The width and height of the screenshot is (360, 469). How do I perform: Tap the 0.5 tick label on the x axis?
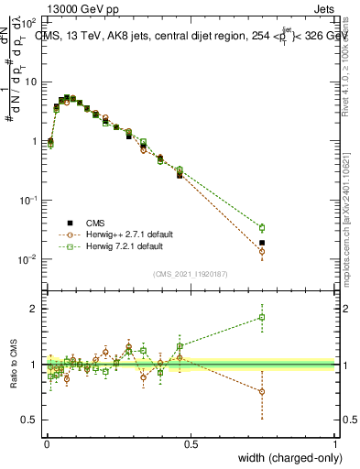(191, 444)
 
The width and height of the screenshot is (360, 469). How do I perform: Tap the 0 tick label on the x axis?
(46, 444)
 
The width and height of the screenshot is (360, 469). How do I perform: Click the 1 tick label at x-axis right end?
(335, 444)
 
